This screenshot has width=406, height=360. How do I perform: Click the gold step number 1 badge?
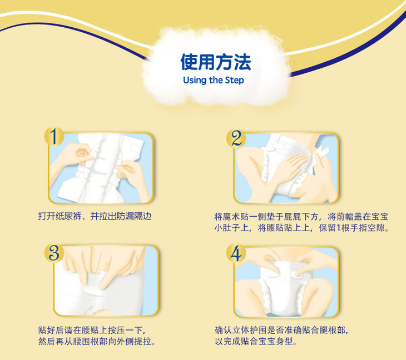(54, 136)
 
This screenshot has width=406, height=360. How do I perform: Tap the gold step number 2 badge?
(236, 138)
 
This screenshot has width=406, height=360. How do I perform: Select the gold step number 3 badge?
(54, 252)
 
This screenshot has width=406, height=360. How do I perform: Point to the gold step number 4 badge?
(236, 253)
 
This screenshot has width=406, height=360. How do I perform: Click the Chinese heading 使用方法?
(216, 62)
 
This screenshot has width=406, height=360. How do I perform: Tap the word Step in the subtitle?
(234, 80)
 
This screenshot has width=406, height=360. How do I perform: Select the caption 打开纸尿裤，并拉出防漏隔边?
(95, 216)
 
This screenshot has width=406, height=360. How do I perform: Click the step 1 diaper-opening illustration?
(101, 168)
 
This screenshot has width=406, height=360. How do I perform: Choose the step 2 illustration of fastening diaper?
(286, 168)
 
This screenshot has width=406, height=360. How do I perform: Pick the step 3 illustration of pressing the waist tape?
(106, 281)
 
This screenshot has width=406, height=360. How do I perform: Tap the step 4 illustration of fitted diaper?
(286, 282)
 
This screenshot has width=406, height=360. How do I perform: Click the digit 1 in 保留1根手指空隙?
(338, 228)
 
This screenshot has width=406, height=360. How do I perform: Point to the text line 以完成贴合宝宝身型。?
(256, 341)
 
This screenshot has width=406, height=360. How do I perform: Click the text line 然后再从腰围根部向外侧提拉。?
(97, 341)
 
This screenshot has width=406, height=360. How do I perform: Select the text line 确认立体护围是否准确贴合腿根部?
(281, 330)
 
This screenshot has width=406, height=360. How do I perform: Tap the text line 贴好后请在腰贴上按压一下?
(92, 330)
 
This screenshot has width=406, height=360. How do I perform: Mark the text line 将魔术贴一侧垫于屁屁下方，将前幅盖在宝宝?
(301, 217)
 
